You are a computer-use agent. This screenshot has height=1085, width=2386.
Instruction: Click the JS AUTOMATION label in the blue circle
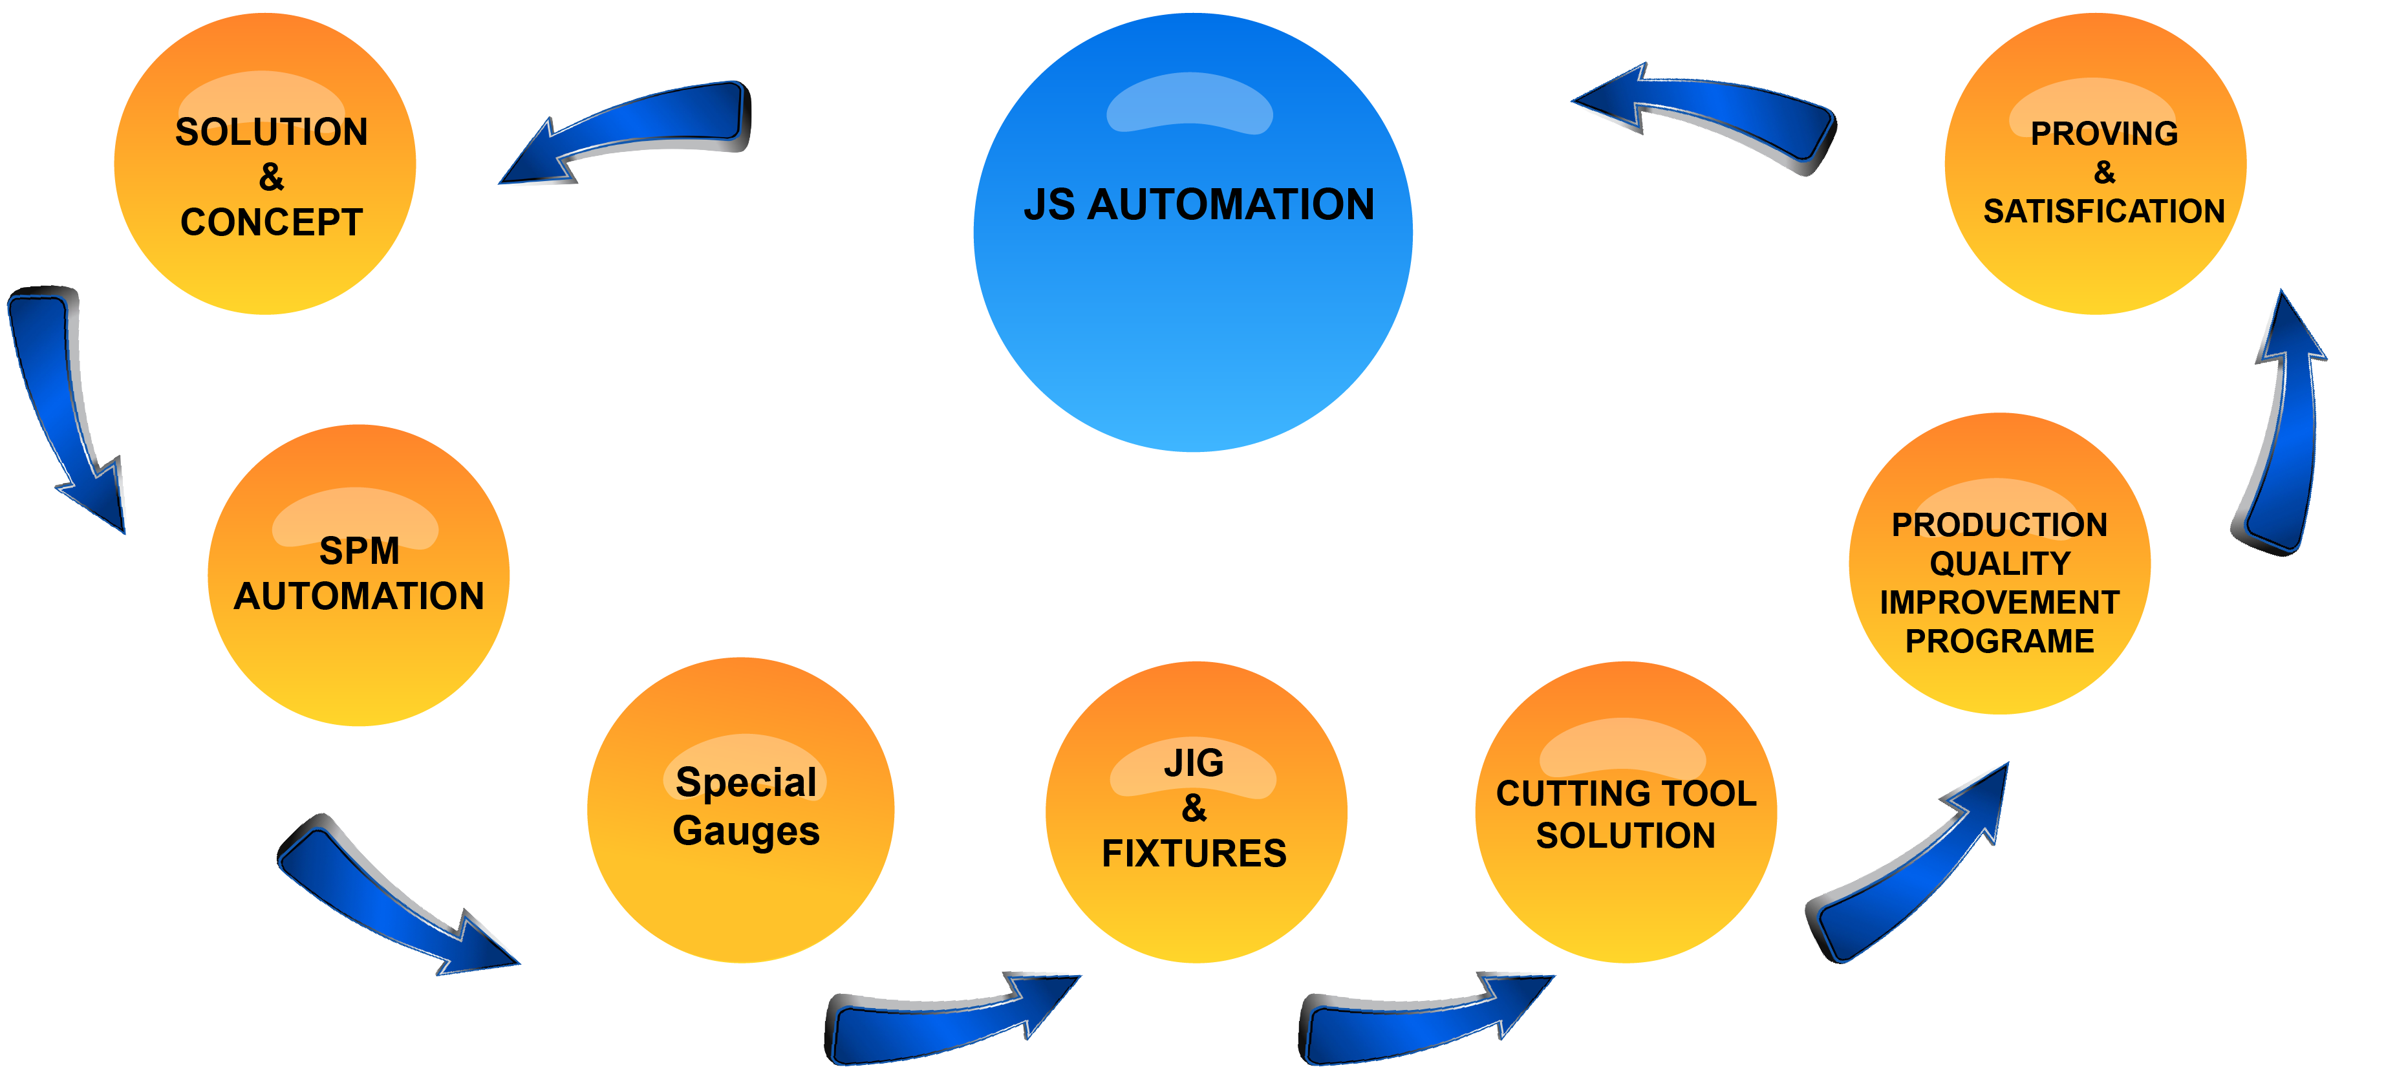tap(1199, 205)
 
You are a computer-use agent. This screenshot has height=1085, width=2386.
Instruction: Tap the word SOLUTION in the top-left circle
tap(272, 133)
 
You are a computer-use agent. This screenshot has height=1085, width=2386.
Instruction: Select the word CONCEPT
tap(272, 222)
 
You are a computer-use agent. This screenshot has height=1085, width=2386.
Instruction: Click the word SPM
tap(360, 552)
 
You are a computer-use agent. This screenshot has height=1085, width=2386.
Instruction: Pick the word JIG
tap(1194, 764)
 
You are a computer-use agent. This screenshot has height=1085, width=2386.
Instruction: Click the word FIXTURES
tap(1194, 854)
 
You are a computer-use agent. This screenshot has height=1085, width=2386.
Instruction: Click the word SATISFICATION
tap(2103, 212)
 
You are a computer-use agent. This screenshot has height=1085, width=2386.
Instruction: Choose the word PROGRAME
tap(1999, 641)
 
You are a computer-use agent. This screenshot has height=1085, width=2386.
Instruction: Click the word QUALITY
tap(1999, 563)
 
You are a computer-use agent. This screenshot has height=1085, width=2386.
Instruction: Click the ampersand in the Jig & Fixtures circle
tap(1194, 808)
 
